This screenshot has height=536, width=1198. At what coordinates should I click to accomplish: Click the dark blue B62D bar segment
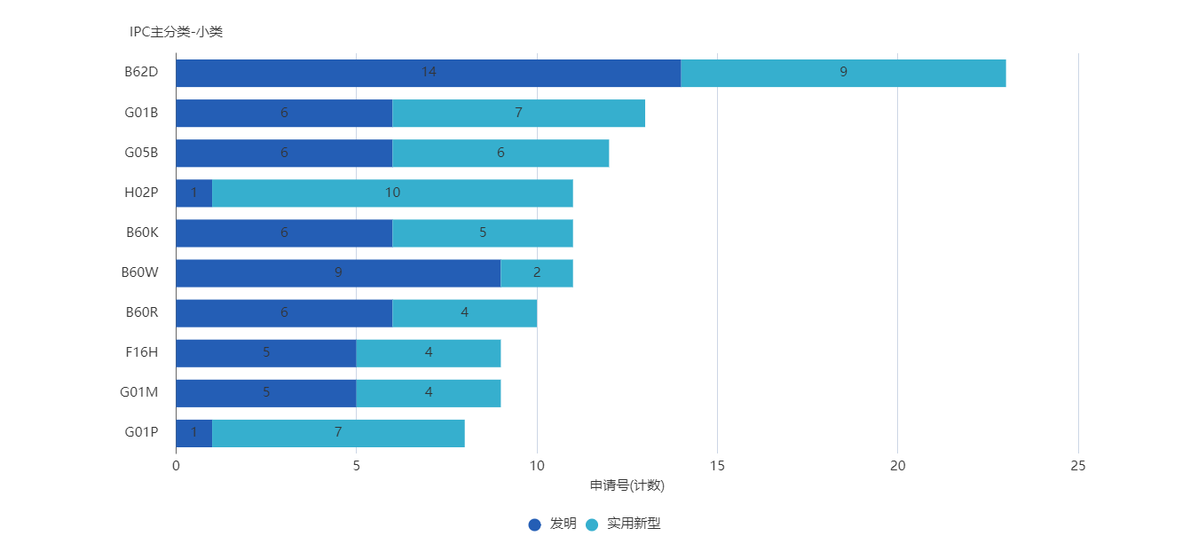[x=428, y=73]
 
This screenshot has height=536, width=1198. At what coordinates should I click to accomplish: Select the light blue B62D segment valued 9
[x=843, y=73]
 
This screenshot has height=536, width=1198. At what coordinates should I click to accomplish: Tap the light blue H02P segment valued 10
[x=392, y=193]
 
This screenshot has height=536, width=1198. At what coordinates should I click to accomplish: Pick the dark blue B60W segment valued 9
[x=338, y=273]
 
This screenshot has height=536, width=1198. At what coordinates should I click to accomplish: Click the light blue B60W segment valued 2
[x=537, y=273]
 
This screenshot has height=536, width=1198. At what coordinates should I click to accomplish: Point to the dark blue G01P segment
[x=193, y=433]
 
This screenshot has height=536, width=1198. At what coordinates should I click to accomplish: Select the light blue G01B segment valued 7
[x=518, y=114]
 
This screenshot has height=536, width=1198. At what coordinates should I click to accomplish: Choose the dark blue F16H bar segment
[x=265, y=353]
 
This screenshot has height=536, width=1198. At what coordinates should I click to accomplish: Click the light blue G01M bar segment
[x=429, y=393]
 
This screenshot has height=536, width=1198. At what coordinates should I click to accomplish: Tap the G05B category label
[x=141, y=153]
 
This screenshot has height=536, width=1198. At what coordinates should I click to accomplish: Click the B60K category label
[x=142, y=233]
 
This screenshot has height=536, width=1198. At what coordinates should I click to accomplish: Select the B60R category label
[x=142, y=312]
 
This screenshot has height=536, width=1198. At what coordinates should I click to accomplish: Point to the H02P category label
[x=141, y=193]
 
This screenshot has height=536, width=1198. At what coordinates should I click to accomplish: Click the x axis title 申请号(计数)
[x=627, y=485]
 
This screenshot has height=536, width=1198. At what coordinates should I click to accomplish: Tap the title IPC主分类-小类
[x=176, y=32]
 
